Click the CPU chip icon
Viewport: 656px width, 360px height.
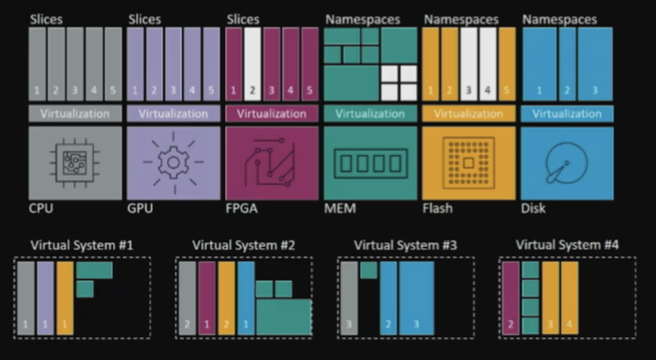(x=75, y=162)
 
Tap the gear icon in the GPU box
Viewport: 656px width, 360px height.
(x=174, y=162)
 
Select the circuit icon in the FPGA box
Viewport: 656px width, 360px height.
(x=271, y=162)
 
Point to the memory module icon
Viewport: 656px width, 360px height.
(x=370, y=163)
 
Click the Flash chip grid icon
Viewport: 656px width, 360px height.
(x=469, y=162)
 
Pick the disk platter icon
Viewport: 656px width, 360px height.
(x=567, y=162)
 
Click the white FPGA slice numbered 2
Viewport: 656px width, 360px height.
(x=253, y=64)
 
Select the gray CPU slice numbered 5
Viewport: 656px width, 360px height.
(x=113, y=64)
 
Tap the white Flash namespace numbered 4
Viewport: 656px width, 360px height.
(x=488, y=64)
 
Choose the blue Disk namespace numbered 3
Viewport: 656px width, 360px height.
(x=595, y=64)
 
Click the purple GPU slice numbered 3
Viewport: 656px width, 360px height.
(x=173, y=64)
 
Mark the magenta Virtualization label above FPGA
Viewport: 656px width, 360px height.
(x=272, y=114)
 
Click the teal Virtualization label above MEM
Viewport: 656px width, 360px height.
(x=370, y=114)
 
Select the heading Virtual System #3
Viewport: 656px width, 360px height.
(x=405, y=245)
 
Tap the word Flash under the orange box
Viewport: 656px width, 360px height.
(x=438, y=208)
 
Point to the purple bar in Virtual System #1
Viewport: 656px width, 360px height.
(x=46, y=298)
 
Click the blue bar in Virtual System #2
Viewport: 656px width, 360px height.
(x=246, y=298)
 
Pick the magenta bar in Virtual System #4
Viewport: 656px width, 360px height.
(x=511, y=298)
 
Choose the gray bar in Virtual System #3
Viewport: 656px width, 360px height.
(x=349, y=298)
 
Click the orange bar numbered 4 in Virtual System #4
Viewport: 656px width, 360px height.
(x=570, y=298)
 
